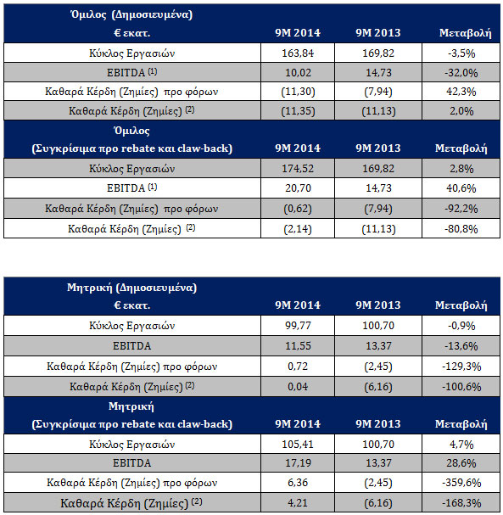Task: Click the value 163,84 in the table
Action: (298, 53)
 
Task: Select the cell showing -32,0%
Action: (461, 73)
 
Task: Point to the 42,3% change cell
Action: (461, 92)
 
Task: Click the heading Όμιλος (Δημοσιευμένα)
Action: (131, 14)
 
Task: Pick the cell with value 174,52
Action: (298, 169)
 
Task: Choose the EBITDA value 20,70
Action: (298, 188)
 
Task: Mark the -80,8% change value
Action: (461, 229)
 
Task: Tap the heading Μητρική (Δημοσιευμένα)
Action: (131, 288)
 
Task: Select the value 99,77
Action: (298, 326)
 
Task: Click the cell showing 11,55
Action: (298, 346)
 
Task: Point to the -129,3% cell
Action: (461, 367)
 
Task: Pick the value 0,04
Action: (298, 387)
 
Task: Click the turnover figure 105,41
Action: (298, 445)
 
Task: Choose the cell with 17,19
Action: (298, 463)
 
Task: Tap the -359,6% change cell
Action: (461, 483)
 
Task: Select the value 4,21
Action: (298, 503)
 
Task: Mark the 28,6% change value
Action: (461, 463)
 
